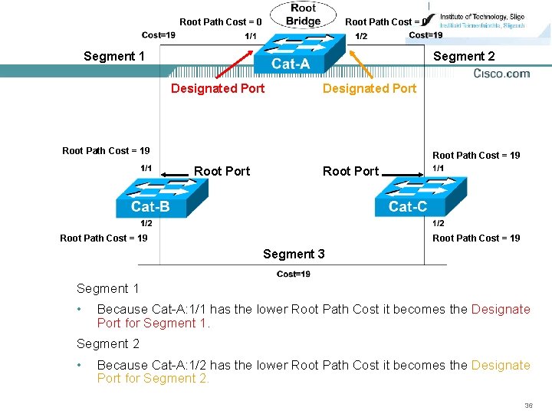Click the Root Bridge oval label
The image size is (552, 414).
pos(303,15)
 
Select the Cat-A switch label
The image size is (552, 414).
pos(291,64)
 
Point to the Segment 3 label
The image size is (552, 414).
pos(294,254)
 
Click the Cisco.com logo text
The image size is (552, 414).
pos(501,74)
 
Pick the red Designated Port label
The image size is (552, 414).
pos(218,88)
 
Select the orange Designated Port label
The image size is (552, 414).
pos(370,88)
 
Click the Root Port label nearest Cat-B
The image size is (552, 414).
pos(222,171)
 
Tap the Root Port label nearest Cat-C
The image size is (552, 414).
pos(350,171)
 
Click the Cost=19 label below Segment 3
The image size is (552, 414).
pos(294,274)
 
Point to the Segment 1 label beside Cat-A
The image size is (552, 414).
pos(114,56)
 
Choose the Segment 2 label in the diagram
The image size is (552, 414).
pos(464,56)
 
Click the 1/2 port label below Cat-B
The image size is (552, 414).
pos(146,223)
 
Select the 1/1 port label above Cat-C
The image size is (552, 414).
pos(439,168)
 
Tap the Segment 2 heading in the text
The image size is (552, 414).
pos(108,343)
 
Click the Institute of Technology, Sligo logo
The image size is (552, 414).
pos(475,20)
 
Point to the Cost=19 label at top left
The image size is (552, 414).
pos(159,34)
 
